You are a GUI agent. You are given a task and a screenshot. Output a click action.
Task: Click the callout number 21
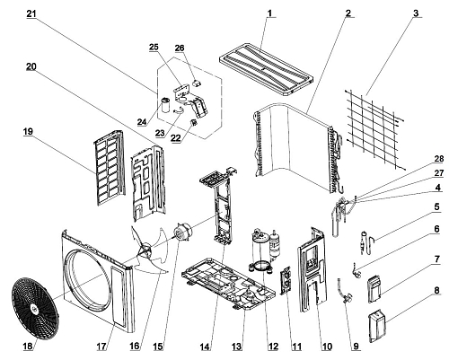(x=31, y=13)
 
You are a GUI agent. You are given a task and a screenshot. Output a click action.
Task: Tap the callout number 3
(x=416, y=13)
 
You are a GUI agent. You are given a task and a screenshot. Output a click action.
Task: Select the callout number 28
(x=438, y=158)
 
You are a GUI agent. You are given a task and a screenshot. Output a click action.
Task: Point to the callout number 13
(x=236, y=347)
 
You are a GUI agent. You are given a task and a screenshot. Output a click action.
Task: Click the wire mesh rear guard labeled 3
(x=375, y=129)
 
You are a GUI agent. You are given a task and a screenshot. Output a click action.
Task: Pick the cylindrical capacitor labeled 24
(x=164, y=104)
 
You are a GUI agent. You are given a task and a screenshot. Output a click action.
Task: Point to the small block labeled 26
(x=197, y=83)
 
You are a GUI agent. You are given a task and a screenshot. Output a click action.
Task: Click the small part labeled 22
(x=194, y=122)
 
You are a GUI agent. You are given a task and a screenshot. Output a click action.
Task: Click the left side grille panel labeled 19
(x=109, y=168)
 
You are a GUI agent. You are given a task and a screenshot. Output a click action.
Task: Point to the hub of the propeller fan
(x=145, y=250)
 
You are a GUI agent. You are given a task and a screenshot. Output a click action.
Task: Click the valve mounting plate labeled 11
(x=286, y=280)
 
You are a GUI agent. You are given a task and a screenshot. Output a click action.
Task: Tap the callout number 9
(x=356, y=347)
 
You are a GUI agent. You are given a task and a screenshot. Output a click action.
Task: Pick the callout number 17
(x=101, y=347)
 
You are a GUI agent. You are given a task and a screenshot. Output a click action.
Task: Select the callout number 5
(x=436, y=206)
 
